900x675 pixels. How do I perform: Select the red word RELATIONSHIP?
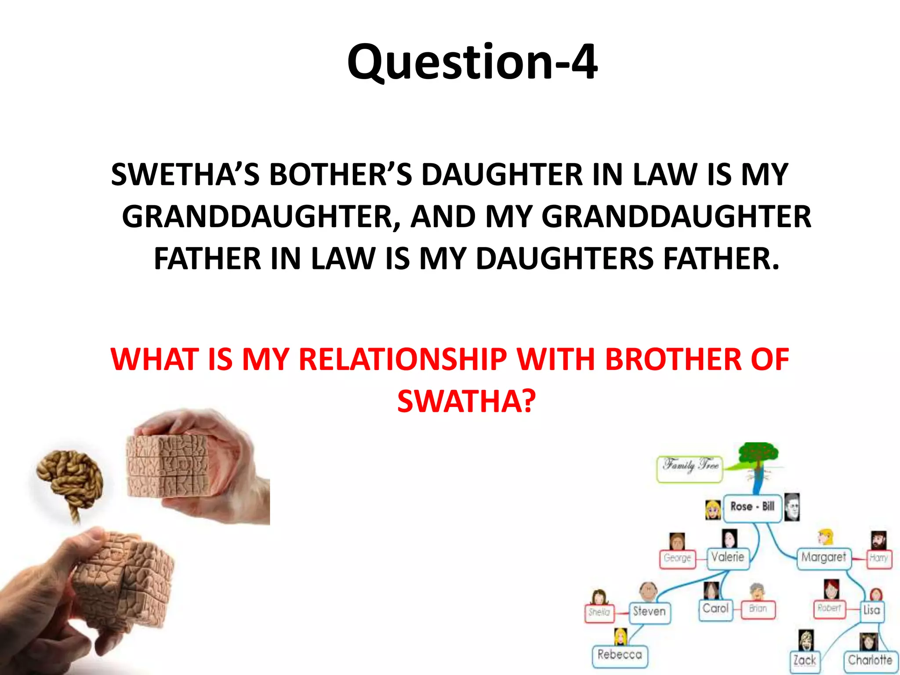(403, 359)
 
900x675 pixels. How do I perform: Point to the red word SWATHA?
(466, 401)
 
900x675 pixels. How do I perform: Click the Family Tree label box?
(690, 468)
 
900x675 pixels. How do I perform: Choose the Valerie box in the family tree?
(728, 558)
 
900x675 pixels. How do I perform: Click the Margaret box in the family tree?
(824, 558)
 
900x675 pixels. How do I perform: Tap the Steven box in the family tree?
(649, 612)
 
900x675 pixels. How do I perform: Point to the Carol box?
(715, 610)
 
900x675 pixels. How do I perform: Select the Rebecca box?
(620, 656)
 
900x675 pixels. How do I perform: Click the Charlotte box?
(870, 660)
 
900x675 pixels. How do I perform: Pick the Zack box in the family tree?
(805, 661)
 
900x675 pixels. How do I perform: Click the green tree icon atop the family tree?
(758, 457)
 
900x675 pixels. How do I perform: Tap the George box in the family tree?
(677, 559)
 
